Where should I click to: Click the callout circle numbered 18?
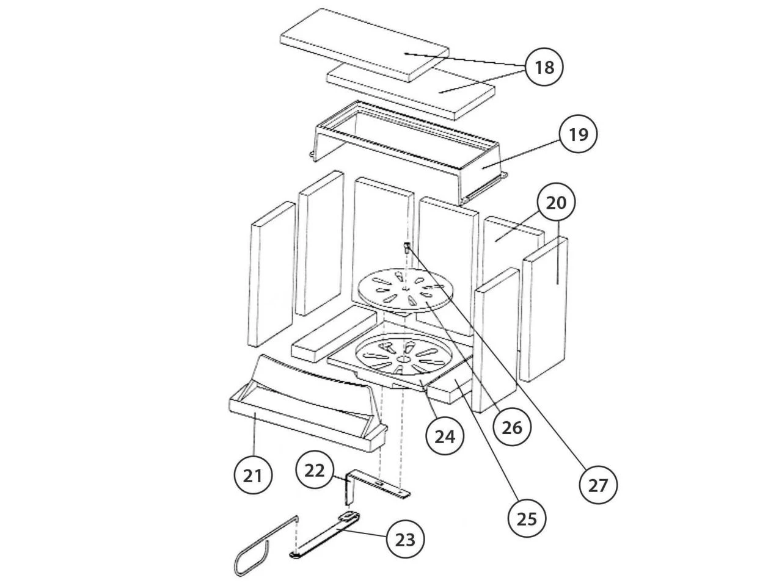pos(544,67)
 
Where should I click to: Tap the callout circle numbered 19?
pos(578,134)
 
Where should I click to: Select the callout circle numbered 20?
pos(556,202)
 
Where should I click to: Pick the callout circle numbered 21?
pos(253,475)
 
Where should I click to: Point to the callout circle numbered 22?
pos(315,470)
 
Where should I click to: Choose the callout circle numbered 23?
pos(406,540)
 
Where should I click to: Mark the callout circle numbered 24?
pos(445,436)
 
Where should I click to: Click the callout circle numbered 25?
pos(527,519)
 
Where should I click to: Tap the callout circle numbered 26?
pos(512,427)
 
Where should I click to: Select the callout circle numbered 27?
pos(598,485)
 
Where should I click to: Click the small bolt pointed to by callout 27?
pos(406,247)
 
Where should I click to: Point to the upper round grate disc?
pos(406,289)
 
